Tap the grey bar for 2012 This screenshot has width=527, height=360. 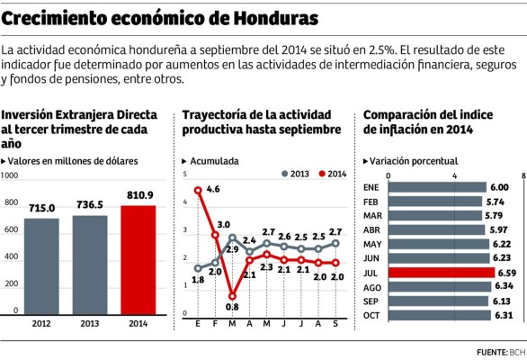coord(41,268)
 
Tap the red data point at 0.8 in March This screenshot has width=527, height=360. coord(232,295)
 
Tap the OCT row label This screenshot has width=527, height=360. coord(371,316)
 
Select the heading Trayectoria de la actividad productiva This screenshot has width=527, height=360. coord(261,122)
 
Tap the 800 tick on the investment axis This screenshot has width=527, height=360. coord(11,203)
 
